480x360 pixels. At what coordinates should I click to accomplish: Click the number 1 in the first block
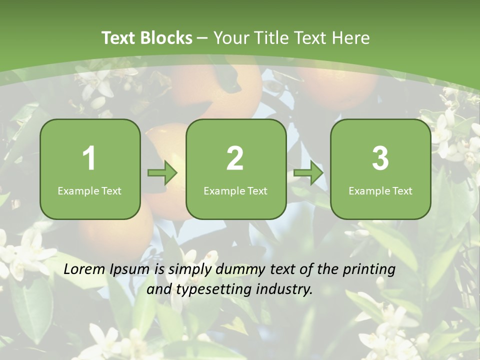[89, 158]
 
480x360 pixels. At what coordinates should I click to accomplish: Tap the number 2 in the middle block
[235, 158]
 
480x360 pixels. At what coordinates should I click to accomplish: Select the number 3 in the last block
[380, 158]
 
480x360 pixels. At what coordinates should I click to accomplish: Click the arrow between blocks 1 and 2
[162, 173]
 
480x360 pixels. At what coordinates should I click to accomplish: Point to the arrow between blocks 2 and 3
[308, 173]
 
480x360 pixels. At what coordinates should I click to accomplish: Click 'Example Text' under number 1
[89, 190]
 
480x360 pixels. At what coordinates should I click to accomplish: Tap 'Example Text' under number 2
[235, 190]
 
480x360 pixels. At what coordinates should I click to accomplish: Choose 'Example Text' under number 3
[380, 190]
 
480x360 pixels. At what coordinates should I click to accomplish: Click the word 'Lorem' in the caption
[84, 269]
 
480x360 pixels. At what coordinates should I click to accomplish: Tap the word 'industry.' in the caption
[284, 289]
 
